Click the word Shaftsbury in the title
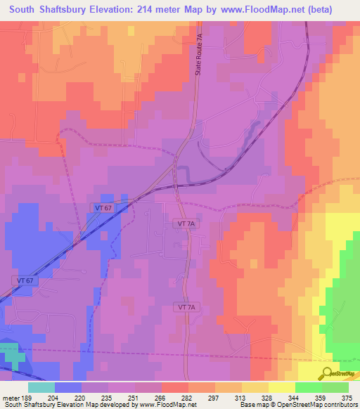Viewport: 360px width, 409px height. [69, 11]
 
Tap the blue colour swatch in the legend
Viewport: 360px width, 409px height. [67, 387]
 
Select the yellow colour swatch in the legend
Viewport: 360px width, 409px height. [281, 387]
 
